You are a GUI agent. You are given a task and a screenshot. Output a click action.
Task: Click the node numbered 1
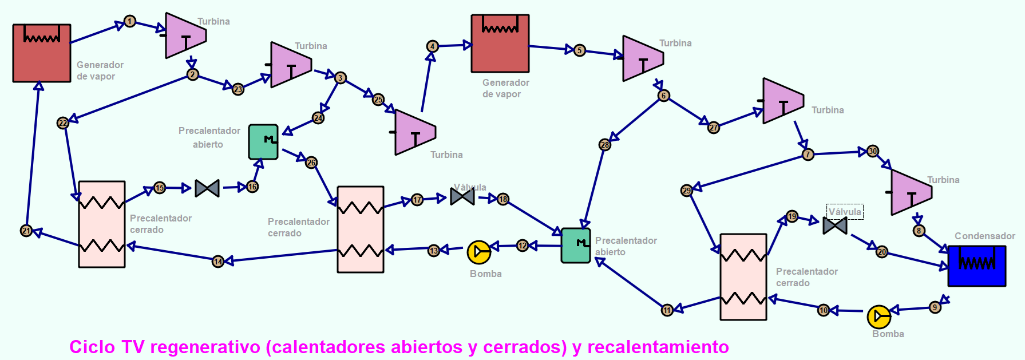tap(130, 22)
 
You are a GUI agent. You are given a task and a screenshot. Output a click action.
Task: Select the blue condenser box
tap(976, 266)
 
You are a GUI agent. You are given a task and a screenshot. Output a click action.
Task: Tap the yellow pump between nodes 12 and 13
tap(478, 252)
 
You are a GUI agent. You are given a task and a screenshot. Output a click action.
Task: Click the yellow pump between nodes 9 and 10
tap(878, 317)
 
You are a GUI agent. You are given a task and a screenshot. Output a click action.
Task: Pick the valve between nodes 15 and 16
tap(207, 188)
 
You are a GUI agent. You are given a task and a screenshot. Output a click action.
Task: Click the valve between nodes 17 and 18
tap(462, 196)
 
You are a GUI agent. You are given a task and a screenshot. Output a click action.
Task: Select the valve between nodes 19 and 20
tap(835, 226)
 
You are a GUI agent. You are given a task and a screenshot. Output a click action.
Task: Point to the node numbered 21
tap(26, 231)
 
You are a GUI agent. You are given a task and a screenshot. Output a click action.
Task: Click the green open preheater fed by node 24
tap(263, 142)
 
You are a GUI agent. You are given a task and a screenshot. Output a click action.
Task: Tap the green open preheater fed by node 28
tap(576, 246)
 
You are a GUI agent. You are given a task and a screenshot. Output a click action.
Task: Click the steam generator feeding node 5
tap(500, 43)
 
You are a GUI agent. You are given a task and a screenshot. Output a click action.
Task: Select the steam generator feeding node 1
tap(42, 53)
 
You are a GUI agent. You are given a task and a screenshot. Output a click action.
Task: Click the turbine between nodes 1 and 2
tap(184, 35)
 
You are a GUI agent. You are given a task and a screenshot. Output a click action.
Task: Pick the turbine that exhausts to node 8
tap(910, 192)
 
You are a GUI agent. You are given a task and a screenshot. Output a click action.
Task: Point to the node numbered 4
tap(433, 46)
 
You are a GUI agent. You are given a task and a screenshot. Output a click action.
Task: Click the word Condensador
tap(984, 236)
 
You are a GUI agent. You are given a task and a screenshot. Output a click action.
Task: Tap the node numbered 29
tap(687, 191)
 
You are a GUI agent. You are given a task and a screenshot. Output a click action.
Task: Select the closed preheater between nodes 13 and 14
tap(361, 230)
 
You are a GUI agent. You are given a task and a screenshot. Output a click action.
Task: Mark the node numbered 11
tap(667, 310)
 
